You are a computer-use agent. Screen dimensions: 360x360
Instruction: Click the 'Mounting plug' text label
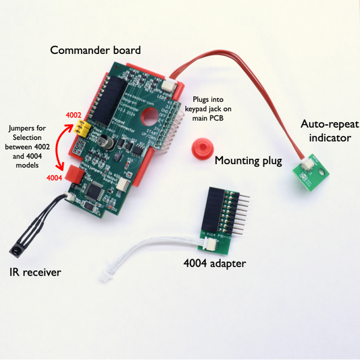[x=249, y=161]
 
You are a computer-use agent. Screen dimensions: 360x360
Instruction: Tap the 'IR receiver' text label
[x=35, y=273]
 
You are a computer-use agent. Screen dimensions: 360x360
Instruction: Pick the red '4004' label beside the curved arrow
[x=54, y=178]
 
